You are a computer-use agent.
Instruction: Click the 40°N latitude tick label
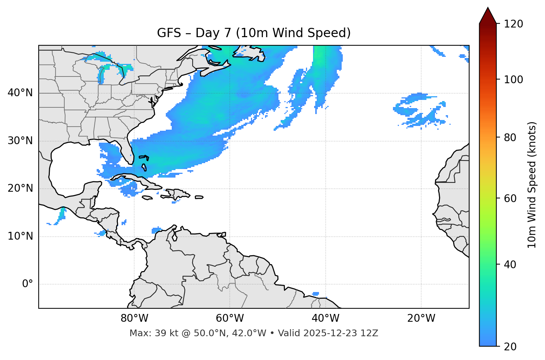[20, 93]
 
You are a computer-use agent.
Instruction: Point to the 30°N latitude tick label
[20, 141]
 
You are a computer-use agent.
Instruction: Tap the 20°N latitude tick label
[20, 188]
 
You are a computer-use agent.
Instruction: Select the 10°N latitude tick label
[20, 236]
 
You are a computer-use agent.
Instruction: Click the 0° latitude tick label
[28, 284]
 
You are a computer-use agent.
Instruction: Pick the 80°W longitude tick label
[134, 318]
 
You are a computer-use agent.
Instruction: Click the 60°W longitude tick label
[230, 318]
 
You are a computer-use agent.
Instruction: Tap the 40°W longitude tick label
[325, 318]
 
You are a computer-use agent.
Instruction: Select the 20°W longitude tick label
[421, 318]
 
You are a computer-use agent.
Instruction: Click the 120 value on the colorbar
[513, 24]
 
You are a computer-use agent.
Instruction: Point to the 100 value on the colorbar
[513, 80]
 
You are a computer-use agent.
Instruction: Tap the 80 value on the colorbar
[511, 137]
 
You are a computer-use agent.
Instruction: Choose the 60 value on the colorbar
[511, 198]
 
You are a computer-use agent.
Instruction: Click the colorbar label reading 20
[511, 347]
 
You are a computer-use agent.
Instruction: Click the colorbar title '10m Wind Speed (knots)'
[532, 185]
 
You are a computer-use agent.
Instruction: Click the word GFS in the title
[168, 33]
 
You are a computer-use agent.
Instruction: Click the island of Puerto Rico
[199, 197]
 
